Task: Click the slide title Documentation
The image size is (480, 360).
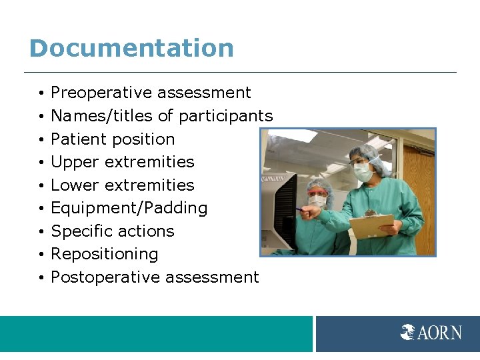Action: pyautogui.click(x=131, y=49)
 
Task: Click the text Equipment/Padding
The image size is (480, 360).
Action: pyautogui.click(x=129, y=209)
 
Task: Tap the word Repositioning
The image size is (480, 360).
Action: pyautogui.click(x=105, y=255)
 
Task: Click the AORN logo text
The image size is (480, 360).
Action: pyautogui.click(x=439, y=332)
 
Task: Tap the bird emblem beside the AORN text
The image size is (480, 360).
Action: pyautogui.click(x=408, y=332)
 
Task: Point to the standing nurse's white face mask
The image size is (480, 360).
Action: pyautogui.click(x=362, y=173)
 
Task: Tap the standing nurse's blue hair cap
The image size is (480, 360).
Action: pyautogui.click(x=363, y=153)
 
